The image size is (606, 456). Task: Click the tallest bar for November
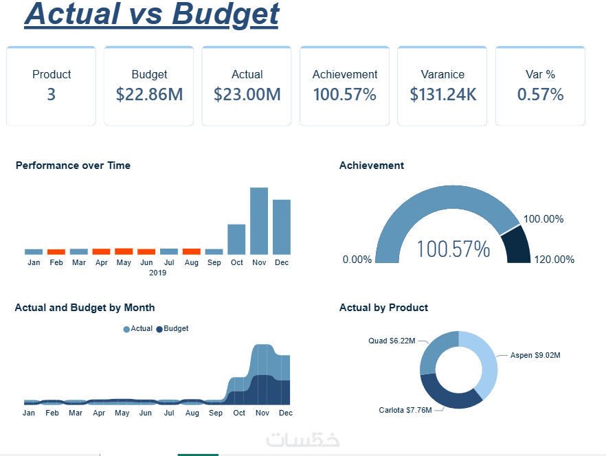(x=259, y=220)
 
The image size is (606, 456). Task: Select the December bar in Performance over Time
(x=282, y=227)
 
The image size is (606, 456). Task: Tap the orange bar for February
(x=56, y=252)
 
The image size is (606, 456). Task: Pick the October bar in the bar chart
(x=236, y=239)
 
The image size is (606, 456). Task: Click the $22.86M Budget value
(x=149, y=95)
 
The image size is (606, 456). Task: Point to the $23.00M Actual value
(x=247, y=95)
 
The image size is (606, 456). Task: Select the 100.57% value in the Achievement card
(x=344, y=95)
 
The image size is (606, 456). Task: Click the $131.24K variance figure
(x=443, y=95)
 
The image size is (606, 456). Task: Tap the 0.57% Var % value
(x=540, y=95)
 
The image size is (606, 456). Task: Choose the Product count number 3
(x=51, y=95)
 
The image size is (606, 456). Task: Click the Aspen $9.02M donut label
(x=535, y=356)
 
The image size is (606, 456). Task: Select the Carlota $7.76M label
(x=405, y=411)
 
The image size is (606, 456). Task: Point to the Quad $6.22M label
(x=392, y=341)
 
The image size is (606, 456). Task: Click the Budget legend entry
(x=172, y=329)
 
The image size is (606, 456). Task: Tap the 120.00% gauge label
(x=554, y=260)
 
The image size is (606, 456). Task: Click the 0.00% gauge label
(x=357, y=260)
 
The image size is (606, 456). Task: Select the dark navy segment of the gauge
(x=517, y=246)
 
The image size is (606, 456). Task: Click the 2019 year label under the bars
(x=157, y=273)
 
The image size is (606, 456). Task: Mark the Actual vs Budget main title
(x=152, y=14)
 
